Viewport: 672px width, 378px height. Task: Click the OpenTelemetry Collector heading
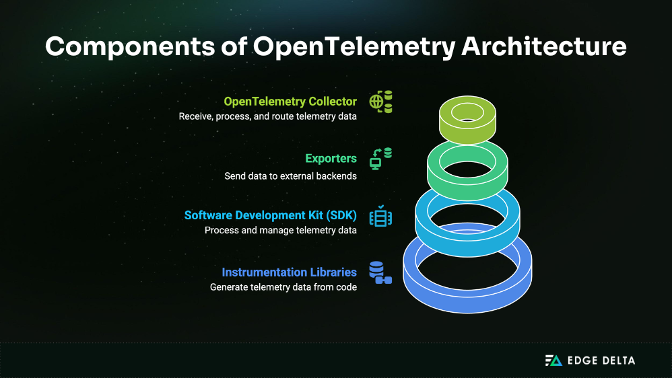tap(290, 102)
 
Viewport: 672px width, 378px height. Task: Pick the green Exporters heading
tap(331, 159)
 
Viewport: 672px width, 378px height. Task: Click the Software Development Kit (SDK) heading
tap(270, 216)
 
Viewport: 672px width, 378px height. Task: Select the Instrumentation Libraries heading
tap(289, 272)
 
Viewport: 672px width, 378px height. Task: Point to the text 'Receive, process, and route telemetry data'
tap(267, 116)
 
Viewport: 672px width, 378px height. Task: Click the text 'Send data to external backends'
tap(290, 176)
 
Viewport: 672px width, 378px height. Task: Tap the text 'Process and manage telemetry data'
tap(280, 230)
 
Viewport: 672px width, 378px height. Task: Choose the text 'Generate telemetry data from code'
tap(283, 287)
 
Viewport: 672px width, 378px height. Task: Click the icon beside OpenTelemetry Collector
tap(380, 102)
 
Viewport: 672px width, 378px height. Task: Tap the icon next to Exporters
tap(380, 159)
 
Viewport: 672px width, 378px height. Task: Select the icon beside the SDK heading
tap(380, 217)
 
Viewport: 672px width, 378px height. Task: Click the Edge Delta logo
tap(589, 361)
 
